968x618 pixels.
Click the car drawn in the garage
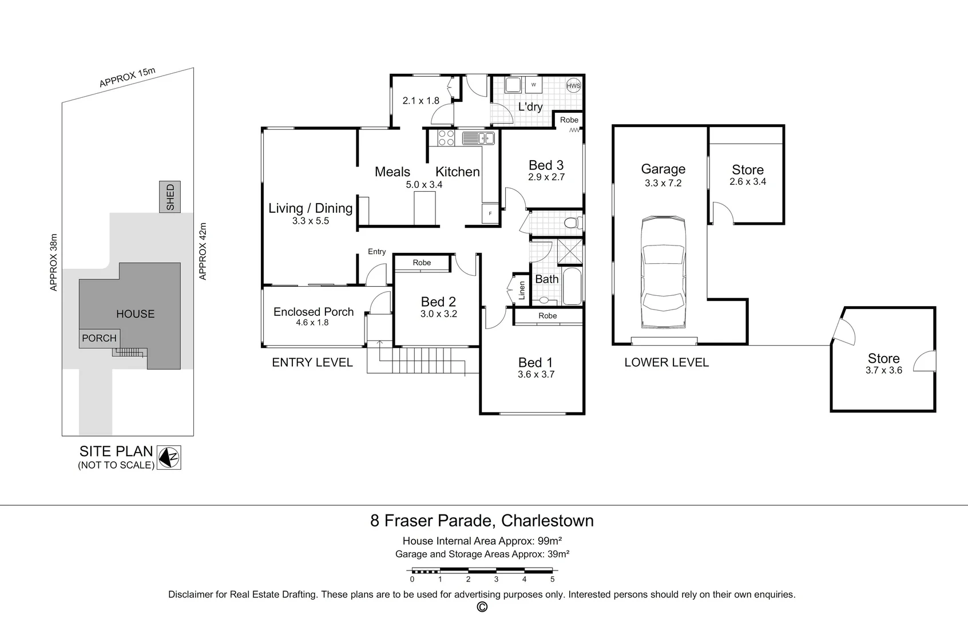[663, 272]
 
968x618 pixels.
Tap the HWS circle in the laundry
[573, 86]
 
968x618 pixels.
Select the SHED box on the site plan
[170, 197]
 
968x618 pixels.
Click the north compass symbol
[169, 457]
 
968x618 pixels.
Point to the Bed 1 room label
[535, 362]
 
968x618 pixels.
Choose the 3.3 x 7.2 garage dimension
[663, 183]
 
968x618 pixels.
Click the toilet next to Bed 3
[571, 223]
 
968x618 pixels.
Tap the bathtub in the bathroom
[572, 287]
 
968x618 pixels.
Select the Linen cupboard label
[522, 290]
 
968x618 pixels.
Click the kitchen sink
[478, 138]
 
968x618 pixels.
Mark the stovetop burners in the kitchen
[446, 138]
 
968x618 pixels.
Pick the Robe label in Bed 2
[422, 263]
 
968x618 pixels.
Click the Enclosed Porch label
[314, 312]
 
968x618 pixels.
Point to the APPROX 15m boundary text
[127, 78]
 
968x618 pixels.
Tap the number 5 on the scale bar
[553, 579]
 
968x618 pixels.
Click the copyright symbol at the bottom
[482, 607]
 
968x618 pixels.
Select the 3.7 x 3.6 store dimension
[884, 370]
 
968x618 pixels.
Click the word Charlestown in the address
[548, 521]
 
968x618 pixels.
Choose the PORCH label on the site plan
[99, 338]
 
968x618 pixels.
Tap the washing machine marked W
[534, 85]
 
